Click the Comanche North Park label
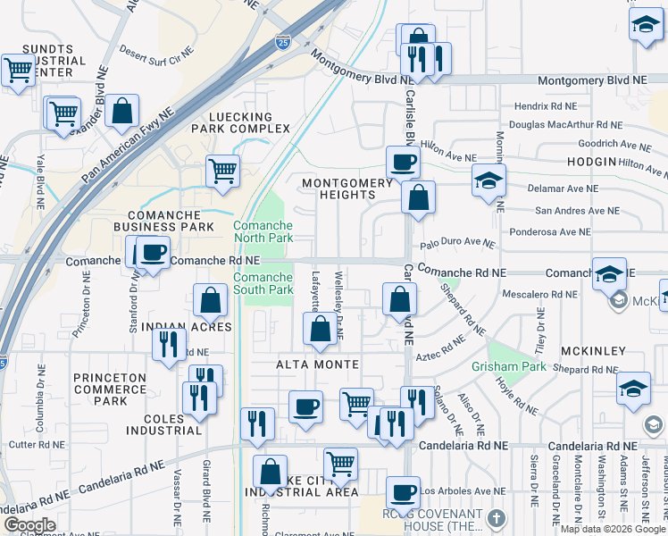[x=263, y=232]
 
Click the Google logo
[x=29, y=525]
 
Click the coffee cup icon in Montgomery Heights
[x=402, y=163]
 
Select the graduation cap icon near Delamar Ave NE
[x=488, y=180]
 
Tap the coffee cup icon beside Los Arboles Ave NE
[x=402, y=491]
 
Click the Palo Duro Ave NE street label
[x=457, y=243]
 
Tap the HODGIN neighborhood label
[x=591, y=162]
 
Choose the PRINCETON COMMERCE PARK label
[x=110, y=389]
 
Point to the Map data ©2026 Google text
[x=613, y=529]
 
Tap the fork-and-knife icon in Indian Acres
[x=169, y=343]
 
